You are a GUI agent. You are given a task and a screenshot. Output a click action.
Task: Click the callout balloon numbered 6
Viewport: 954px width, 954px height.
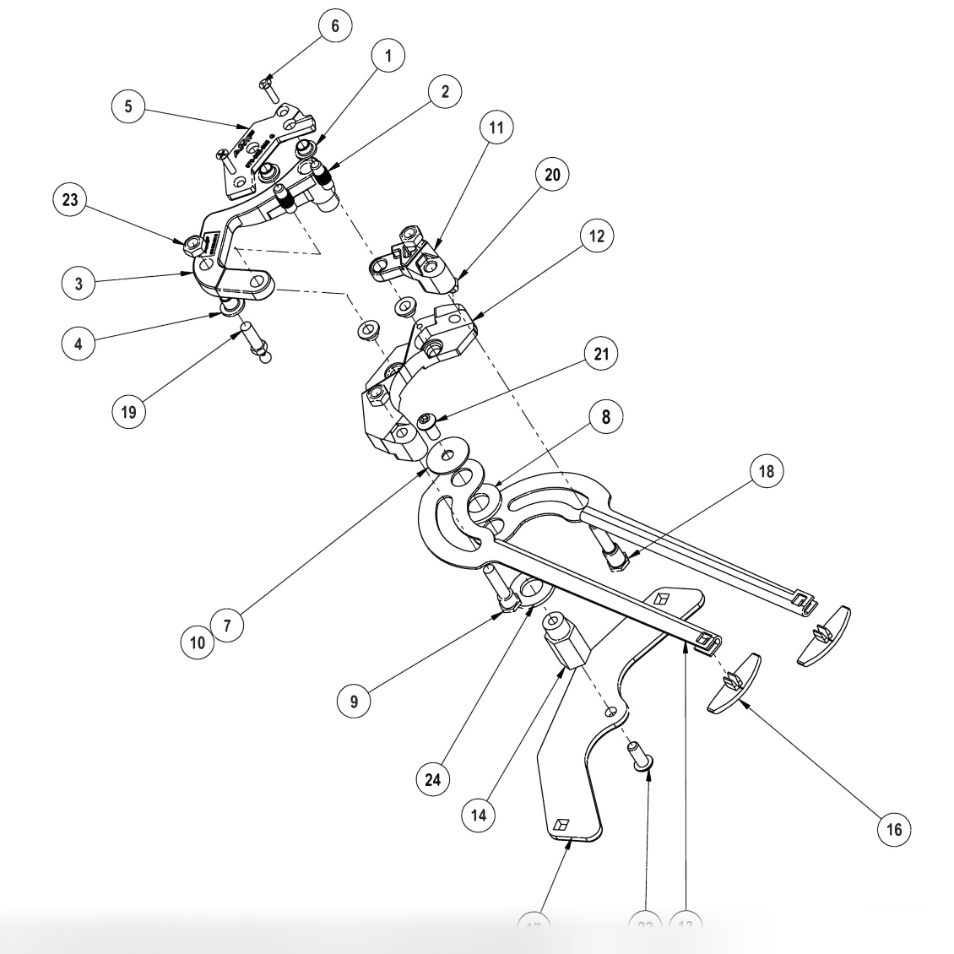pos(334,26)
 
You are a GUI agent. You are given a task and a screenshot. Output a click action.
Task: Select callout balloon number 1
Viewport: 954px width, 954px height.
pos(388,57)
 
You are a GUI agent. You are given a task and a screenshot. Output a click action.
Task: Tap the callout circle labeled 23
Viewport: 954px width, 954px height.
pos(69,200)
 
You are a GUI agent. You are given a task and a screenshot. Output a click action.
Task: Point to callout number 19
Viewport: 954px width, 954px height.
pos(128,411)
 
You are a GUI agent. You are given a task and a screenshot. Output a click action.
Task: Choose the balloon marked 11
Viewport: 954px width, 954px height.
pos(496,127)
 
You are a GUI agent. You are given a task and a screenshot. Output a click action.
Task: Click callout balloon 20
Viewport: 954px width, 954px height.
pos(552,175)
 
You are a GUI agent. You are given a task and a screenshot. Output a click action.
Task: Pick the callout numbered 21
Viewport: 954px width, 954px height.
pos(600,354)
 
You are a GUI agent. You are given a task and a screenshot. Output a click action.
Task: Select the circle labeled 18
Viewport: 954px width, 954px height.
pos(766,471)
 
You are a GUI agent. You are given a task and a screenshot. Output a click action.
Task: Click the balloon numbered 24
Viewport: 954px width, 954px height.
pos(432,779)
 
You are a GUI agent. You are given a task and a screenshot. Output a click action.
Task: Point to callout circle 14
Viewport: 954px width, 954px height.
pos(479,815)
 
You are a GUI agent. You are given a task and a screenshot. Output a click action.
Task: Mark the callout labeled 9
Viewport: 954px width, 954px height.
pos(355,700)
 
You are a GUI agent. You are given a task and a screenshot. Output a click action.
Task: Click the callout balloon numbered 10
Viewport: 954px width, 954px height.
pos(198,642)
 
